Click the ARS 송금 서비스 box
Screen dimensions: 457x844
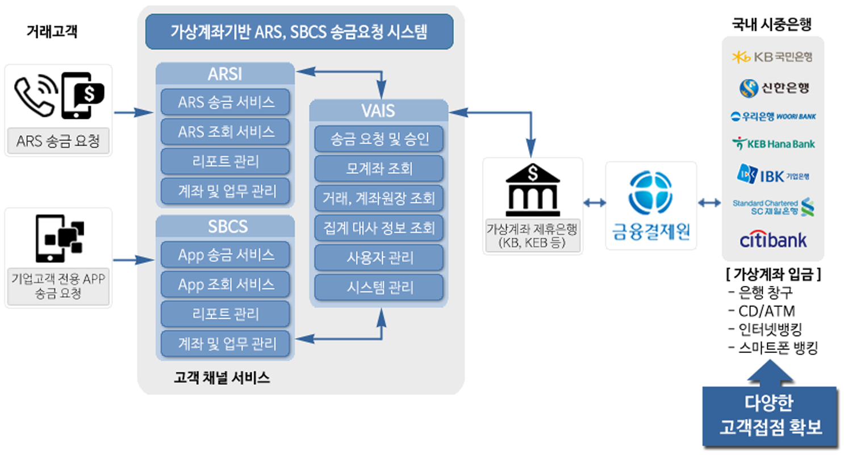(225, 102)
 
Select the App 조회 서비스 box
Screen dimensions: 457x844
(225, 284)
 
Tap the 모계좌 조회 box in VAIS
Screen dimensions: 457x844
(379, 169)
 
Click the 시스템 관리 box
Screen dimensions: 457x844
(379, 287)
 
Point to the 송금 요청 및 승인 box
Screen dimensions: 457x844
(379, 139)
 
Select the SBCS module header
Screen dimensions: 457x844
(225, 226)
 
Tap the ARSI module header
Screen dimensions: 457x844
(225, 74)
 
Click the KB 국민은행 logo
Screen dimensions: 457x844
(772, 56)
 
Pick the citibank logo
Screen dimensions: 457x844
(772, 239)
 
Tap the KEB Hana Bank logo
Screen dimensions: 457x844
(772, 144)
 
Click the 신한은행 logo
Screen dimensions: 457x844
(772, 88)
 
